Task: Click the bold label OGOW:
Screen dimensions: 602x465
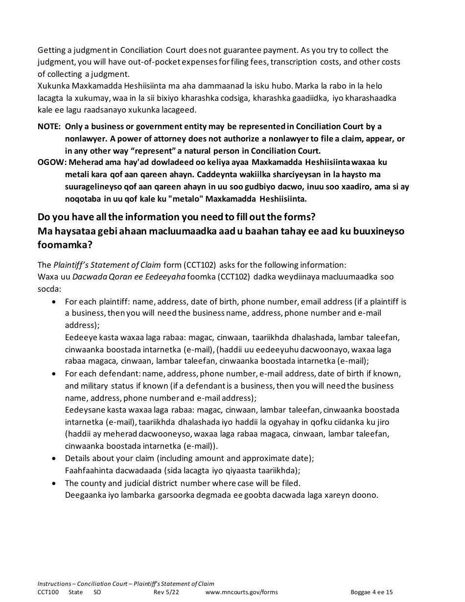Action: (50, 162)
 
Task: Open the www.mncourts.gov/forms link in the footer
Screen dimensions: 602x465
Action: (241, 592)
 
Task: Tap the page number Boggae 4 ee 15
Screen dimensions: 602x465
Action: (372, 592)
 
